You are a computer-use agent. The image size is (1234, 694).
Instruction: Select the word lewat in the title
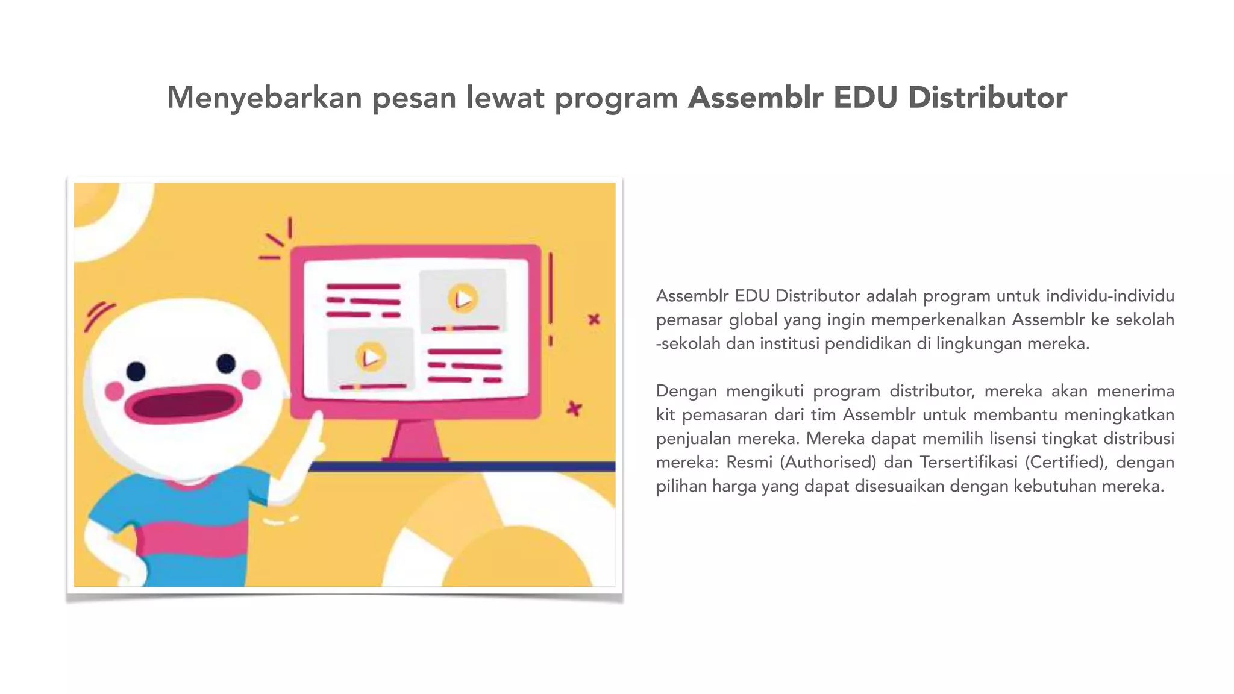505,98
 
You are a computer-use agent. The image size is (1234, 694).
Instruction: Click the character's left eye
136,371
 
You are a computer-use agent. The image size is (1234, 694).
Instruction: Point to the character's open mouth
183,404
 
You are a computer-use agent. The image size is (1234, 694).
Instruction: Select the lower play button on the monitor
371,357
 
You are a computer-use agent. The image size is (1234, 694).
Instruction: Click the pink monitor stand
415,440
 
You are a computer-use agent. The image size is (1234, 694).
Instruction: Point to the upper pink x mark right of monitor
594,319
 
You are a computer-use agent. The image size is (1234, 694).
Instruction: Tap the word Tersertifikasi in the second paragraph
969,462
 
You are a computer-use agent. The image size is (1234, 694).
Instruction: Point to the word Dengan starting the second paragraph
686,391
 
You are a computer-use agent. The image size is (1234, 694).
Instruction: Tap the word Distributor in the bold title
988,98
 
